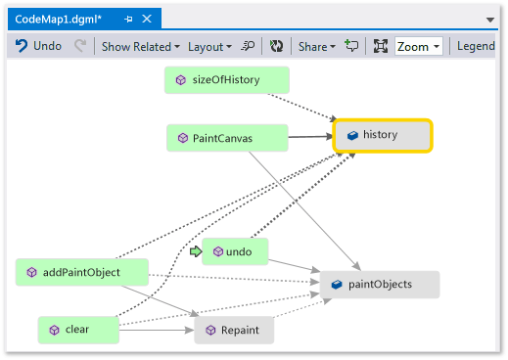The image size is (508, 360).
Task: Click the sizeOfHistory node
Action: (227, 80)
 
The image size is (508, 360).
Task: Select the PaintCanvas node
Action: (226, 138)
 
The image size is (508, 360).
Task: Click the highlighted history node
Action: (383, 135)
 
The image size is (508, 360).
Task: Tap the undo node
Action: (236, 251)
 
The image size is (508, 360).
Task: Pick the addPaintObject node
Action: (82, 272)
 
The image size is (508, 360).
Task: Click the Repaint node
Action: (234, 331)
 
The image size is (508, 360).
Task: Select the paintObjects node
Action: (380, 285)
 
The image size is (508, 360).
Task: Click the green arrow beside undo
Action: (196, 251)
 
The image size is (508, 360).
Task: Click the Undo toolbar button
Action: (38, 46)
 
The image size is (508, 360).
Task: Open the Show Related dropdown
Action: (141, 46)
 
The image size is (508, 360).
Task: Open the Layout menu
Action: (209, 46)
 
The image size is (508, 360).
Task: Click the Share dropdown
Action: (316, 46)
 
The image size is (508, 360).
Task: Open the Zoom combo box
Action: (419, 46)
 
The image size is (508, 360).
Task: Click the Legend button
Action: (477, 46)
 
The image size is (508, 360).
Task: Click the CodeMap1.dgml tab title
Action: (59, 19)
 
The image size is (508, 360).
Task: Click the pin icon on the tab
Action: (128, 19)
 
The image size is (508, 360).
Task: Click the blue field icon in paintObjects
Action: (336, 285)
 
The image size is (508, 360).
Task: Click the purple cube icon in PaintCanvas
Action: (182, 138)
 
